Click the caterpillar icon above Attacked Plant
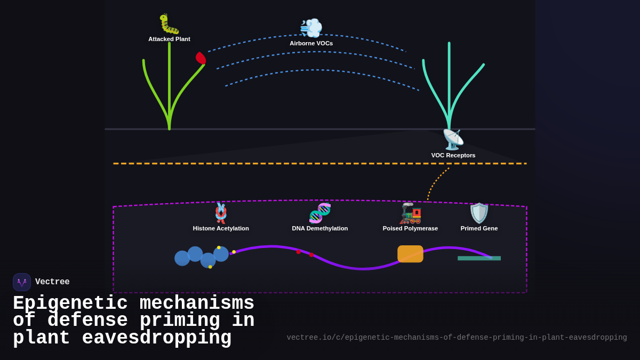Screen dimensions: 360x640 (169, 24)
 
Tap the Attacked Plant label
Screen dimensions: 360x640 (169, 39)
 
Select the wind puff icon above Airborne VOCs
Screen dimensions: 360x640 (311, 28)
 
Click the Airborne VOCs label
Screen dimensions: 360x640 (311, 43)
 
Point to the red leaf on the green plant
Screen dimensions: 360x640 (201, 58)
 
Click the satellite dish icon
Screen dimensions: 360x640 (453, 140)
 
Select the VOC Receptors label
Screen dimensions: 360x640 (453, 155)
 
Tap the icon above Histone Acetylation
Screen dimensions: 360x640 (221, 213)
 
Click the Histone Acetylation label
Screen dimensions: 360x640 (221, 228)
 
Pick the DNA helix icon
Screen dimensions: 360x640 (319, 213)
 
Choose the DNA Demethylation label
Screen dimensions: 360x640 (319, 228)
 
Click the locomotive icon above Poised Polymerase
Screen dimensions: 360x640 (410, 213)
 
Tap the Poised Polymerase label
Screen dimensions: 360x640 (410, 228)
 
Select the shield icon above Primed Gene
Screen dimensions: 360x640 (479, 213)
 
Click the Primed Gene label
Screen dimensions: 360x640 (479, 228)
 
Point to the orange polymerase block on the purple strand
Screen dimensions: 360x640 (410, 254)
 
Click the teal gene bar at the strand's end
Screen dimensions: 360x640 (479, 258)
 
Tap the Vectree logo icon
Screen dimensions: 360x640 (22, 282)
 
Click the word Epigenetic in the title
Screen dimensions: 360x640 (70, 303)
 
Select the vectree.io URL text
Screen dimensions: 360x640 (457, 338)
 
